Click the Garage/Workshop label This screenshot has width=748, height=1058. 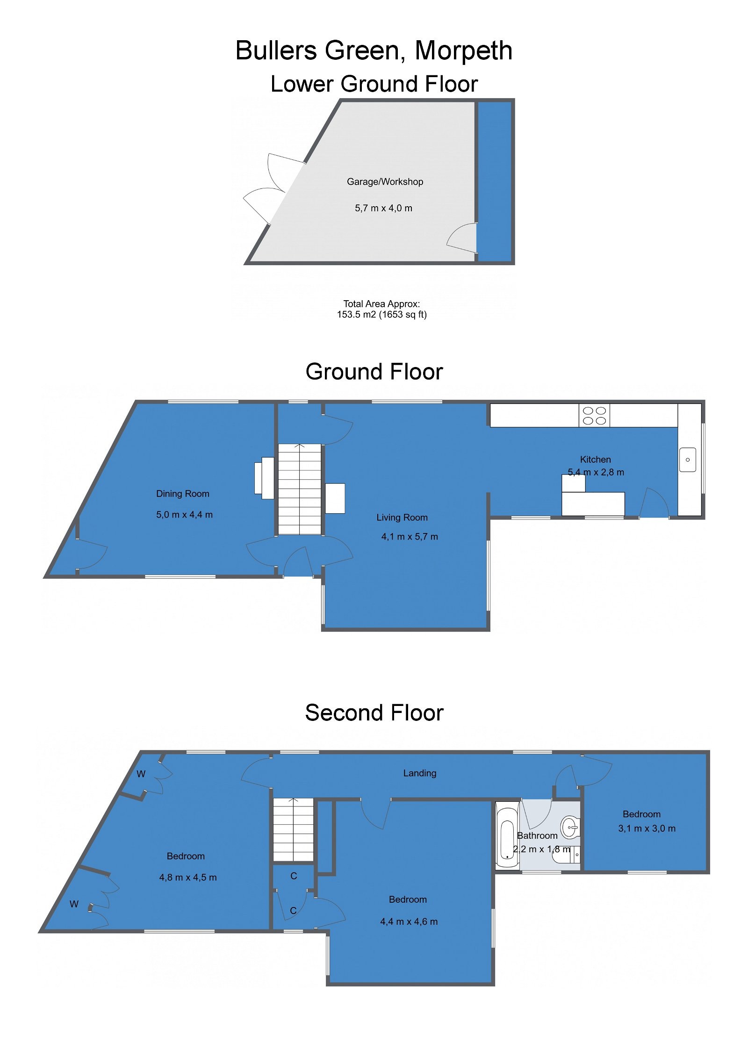385,181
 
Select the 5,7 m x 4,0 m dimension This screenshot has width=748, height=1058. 383,208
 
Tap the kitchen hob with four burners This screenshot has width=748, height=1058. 594,415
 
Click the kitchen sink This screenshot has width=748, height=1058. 687,460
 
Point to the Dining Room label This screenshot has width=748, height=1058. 182,494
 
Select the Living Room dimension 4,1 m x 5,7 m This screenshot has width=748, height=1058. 410,537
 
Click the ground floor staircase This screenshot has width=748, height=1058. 300,489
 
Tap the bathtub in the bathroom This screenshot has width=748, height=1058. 507,835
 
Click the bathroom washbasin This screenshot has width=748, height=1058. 570,828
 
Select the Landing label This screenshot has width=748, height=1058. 419,773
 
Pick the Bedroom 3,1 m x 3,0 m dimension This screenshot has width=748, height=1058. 647,828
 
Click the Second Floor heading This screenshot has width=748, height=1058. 374,713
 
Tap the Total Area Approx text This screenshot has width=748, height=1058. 381,309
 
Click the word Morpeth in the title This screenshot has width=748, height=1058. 463,50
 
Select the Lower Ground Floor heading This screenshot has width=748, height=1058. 374,84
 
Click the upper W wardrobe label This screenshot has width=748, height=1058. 141,774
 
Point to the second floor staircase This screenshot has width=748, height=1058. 293,829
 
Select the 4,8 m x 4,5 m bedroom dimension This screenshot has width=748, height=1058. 188,878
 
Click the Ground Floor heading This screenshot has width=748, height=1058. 374,372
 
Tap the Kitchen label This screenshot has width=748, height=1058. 595,460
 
